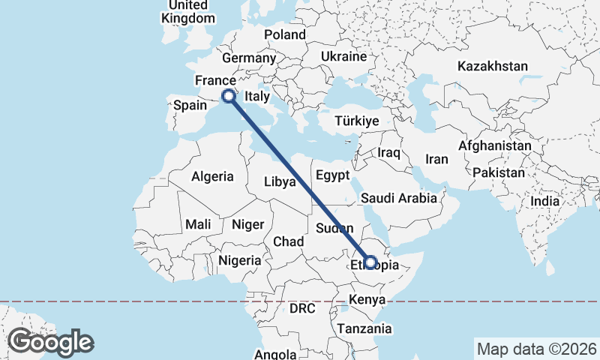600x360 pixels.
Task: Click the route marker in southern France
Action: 229,95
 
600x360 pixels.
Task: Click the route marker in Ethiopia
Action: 370,262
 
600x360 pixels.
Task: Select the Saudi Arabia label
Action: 398,199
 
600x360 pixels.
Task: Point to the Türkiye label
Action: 357,121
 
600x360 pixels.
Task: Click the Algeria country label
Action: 212,177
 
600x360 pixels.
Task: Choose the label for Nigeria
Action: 240,261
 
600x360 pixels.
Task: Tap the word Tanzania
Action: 364,328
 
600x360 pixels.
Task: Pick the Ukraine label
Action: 343,57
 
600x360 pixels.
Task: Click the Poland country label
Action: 285,34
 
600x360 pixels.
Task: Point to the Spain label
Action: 190,106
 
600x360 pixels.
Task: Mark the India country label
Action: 544,201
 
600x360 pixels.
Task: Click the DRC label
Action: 303,308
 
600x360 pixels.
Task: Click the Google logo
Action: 50,342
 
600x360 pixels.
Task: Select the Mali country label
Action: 198,224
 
